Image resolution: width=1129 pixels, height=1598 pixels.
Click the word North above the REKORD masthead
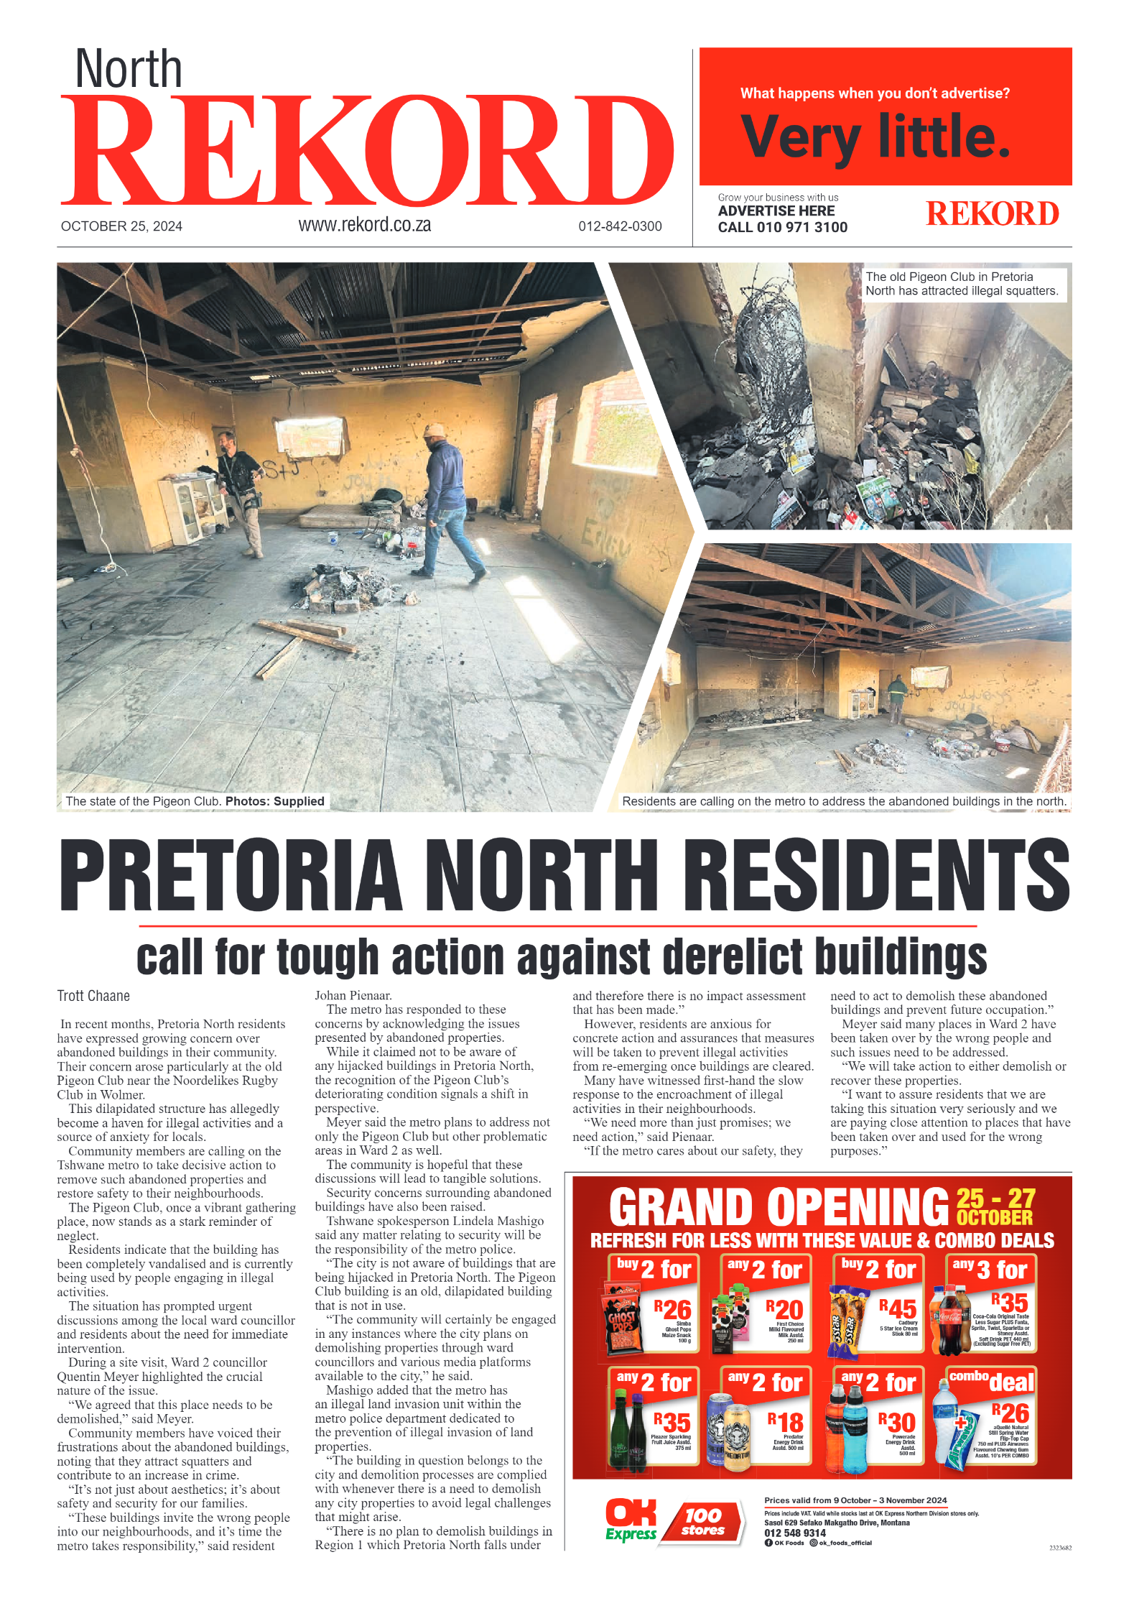pos(129,69)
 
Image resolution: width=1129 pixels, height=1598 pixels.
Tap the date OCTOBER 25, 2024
pos(121,226)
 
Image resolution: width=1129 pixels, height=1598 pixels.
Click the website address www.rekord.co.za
pos(364,225)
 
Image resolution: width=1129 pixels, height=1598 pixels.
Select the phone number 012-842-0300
pos(620,226)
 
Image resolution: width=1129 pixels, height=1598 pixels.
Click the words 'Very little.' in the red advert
pos(875,137)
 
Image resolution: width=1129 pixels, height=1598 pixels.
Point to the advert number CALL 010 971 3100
pos(782,228)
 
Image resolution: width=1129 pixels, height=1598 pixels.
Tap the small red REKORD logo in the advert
pos(992,214)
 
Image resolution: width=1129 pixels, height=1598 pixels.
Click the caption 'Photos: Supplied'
pos(274,801)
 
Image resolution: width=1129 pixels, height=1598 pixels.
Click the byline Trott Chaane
pos(93,996)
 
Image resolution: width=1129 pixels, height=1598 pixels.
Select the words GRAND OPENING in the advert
pos(779,1207)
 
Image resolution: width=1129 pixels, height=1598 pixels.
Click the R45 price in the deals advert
pos(898,1309)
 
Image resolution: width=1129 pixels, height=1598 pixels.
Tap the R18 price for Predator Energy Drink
pos(785,1422)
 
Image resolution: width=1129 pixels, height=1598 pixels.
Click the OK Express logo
pos(631,1520)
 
